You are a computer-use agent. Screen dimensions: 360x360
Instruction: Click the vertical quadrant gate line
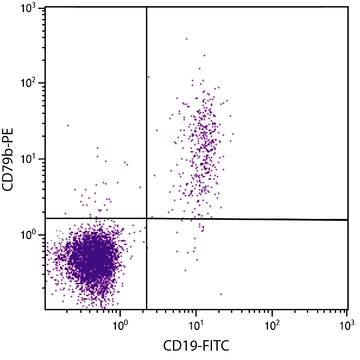coord(146,122)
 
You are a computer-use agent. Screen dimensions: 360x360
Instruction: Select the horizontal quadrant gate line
coord(243,219)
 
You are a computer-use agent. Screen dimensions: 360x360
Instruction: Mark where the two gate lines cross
coord(146,219)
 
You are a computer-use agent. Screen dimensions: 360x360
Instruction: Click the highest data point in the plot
coord(186,39)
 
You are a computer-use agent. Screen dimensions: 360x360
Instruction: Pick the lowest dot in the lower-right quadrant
coord(221,294)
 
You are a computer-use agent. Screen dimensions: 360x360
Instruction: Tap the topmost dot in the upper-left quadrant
coord(68,126)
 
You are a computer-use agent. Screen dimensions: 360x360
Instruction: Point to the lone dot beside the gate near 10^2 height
coord(148,77)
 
